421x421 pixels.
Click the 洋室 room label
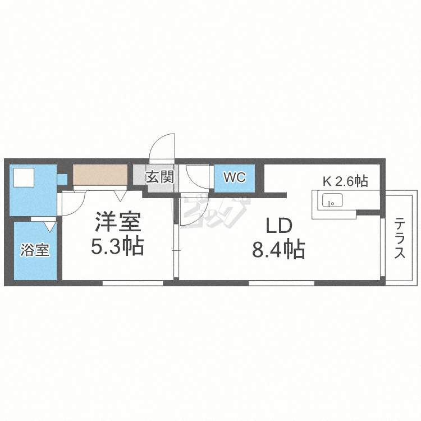117,222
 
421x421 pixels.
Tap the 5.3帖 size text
117,246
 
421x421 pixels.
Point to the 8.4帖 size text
278,249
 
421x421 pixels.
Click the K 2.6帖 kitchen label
345,181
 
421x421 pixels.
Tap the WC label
234,178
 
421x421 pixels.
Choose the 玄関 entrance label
159,177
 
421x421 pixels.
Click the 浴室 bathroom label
35,250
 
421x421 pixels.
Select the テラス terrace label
400,238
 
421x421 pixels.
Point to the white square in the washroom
24,178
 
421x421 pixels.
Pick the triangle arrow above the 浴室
48,226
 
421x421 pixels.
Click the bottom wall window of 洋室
132,283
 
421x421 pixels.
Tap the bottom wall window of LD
281,283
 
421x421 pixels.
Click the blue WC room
235,179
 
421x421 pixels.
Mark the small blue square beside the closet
62,179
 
